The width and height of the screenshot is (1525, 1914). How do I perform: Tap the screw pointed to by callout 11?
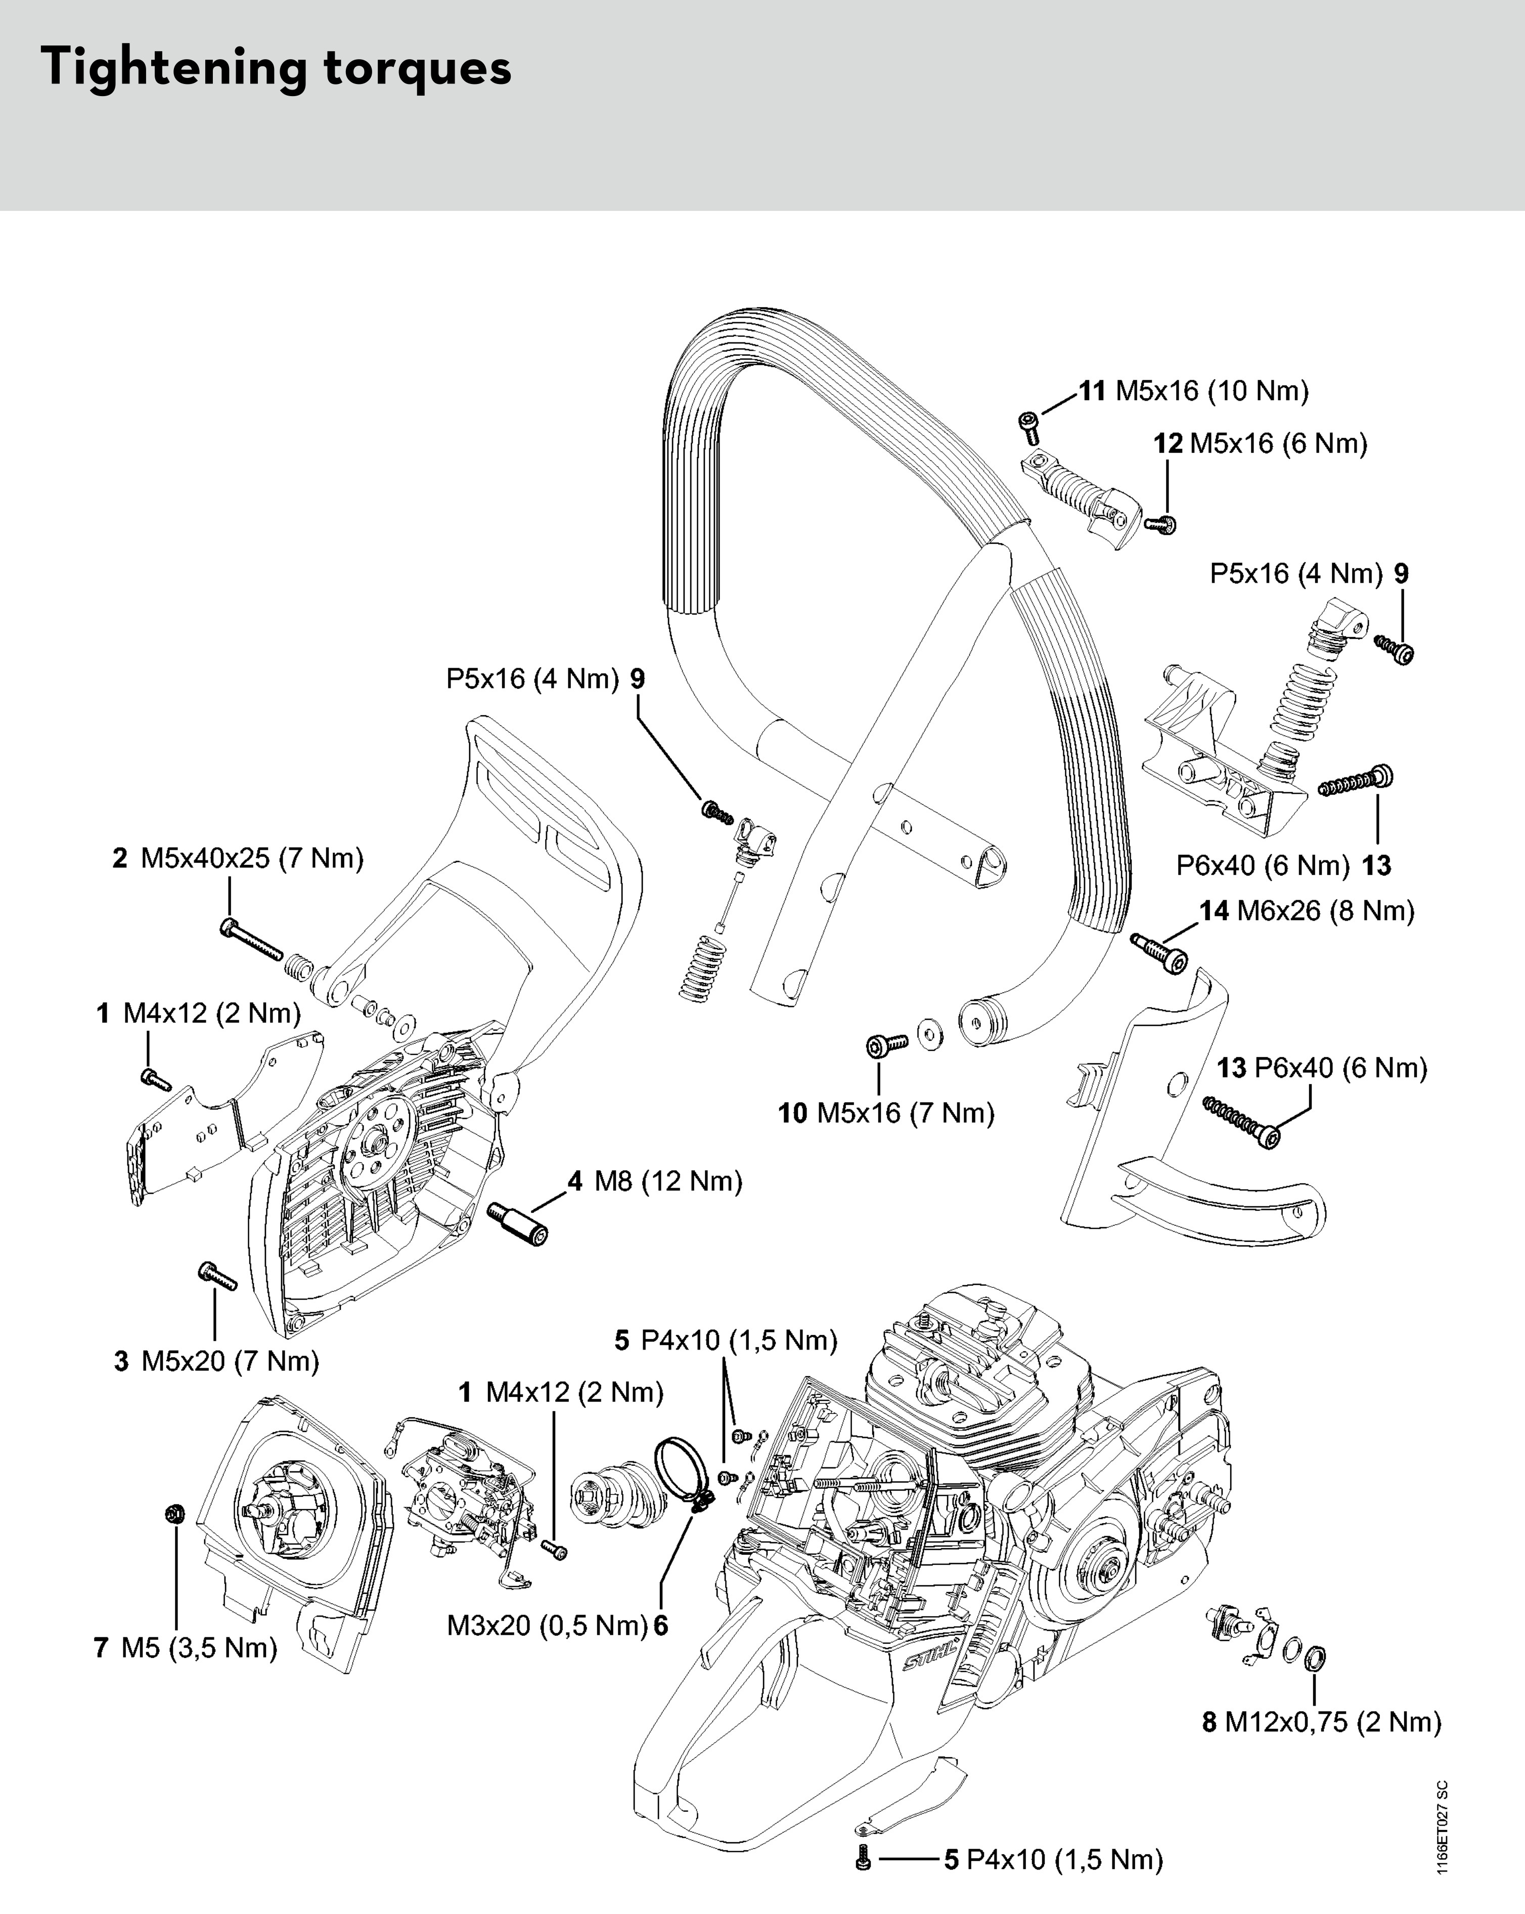point(1029,426)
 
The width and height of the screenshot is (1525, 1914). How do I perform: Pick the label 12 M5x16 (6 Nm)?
point(1261,444)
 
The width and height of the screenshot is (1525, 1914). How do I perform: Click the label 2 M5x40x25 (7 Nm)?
point(238,858)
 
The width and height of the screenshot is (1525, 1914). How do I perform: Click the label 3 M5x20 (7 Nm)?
point(216,1361)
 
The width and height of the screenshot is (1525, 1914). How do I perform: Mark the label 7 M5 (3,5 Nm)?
point(186,1647)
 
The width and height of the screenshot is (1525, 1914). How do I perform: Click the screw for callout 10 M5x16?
point(886,1046)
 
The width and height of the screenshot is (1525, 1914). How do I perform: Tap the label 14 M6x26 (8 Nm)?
point(1307,911)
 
